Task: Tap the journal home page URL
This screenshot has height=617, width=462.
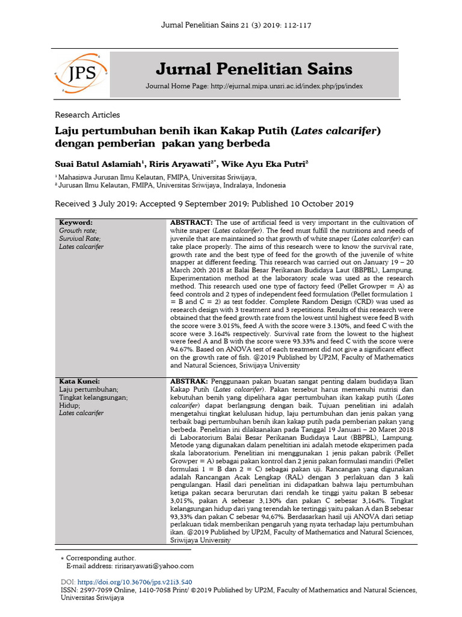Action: pyautogui.click(x=286, y=87)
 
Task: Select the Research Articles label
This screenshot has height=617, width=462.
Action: pyautogui.click(x=87, y=114)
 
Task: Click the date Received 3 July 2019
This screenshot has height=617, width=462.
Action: pyautogui.click(x=100, y=204)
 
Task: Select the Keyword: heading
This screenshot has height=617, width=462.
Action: pyautogui.click(x=76, y=222)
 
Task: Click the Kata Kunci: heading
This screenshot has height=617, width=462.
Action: pyautogui.click(x=79, y=381)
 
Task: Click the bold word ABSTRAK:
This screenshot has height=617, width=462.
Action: pyautogui.click(x=189, y=381)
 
